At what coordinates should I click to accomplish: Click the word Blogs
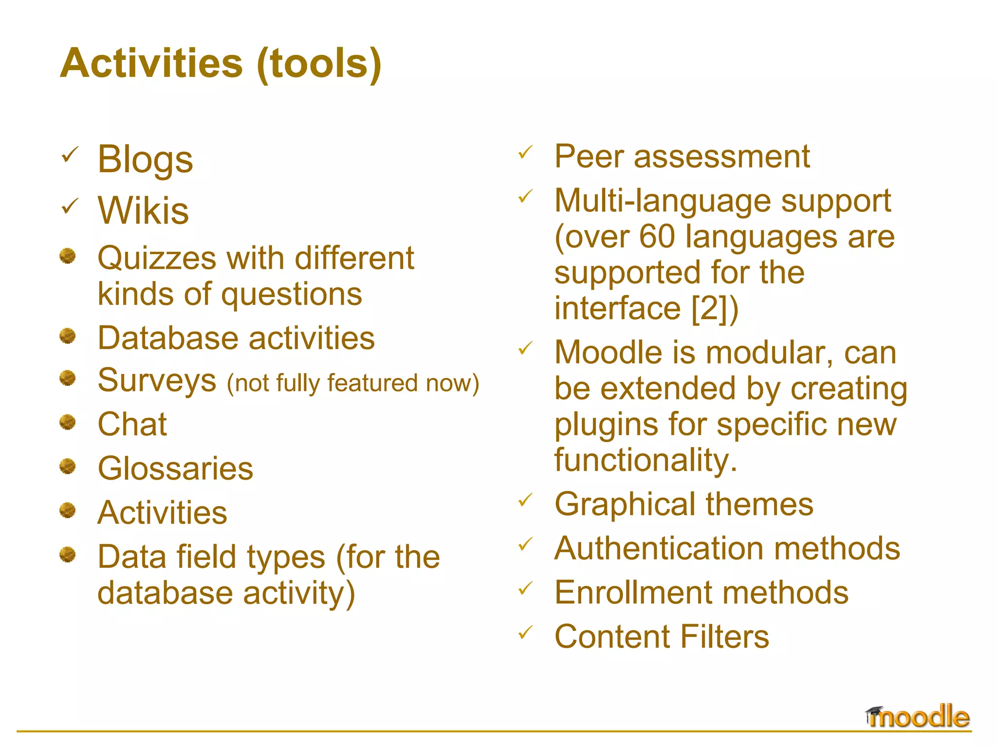coord(145,160)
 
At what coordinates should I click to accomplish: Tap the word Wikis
coord(143,210)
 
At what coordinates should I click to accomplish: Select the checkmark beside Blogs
coord(70,155)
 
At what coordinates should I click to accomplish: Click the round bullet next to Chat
coord(68,422)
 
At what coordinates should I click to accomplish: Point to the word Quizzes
coord(157,258)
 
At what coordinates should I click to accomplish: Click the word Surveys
coord(157,381)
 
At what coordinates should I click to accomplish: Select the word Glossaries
coord(175,468)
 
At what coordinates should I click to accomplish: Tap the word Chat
coord(132,424)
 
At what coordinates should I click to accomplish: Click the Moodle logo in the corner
coord(918,717)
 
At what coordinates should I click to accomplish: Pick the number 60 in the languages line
coord(657,237)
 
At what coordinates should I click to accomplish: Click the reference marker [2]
coord(710,308)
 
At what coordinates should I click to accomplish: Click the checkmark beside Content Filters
coord(525,633)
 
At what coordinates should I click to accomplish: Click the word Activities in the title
coord(151,63)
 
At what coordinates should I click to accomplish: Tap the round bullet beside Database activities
coord(68,336)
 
